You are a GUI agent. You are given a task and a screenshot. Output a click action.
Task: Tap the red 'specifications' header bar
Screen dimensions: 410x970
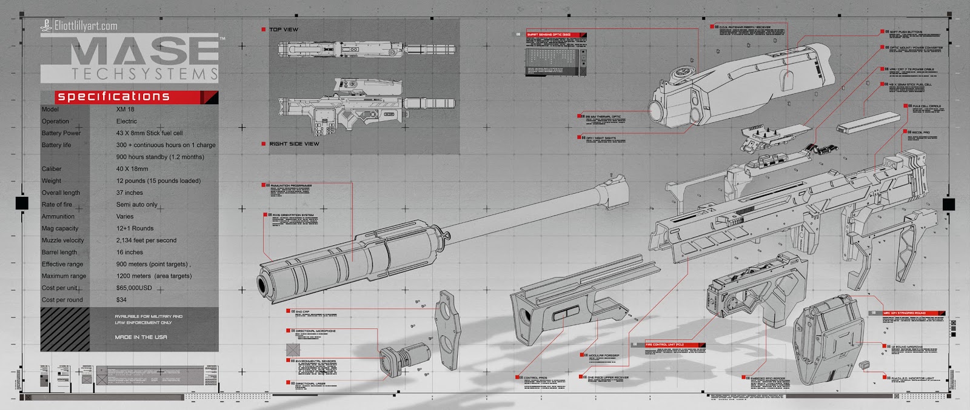click(x=129, y=97)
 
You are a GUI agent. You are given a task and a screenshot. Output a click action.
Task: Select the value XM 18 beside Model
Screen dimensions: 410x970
click(x=125, y=110)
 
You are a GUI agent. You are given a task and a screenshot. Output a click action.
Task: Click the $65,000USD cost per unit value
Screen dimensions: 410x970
click(x=134, y=288)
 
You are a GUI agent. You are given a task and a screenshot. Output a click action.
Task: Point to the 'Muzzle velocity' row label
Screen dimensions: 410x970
click(x=63, y=240)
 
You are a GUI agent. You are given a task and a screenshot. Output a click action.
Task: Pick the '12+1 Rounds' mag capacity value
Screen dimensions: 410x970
click(x=135, y=228)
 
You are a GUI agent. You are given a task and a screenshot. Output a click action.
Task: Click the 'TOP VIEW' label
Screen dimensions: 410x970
click(x=283, y=29)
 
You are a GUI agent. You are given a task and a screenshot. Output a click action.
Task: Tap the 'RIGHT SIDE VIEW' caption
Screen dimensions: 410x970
click(x=294, y=144)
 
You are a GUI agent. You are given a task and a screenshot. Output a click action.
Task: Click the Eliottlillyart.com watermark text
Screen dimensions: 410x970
click(x=85, y=25)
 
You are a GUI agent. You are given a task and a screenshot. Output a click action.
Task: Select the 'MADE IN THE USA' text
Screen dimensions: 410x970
click(x=141, y=337)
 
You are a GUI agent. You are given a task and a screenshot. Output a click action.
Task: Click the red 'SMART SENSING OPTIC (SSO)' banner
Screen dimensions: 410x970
click(x=554, y=35)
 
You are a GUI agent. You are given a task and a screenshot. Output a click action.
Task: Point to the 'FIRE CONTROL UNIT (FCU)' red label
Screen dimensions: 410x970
click(x=667, y=345)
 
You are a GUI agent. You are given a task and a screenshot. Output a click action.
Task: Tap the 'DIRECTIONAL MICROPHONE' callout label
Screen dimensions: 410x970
click(x=315, y=331)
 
